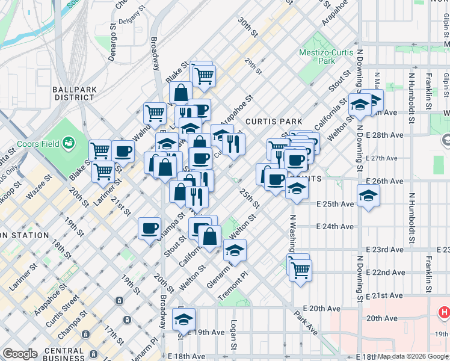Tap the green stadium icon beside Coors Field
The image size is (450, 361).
(69, 143)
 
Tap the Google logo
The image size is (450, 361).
(20, 354)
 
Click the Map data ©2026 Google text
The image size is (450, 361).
(413, 356)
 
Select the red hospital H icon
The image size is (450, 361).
(444, 312)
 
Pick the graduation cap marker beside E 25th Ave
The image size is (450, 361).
(368, 196)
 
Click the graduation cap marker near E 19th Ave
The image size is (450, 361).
(184, 319)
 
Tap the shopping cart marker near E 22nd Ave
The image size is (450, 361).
(300, 270)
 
